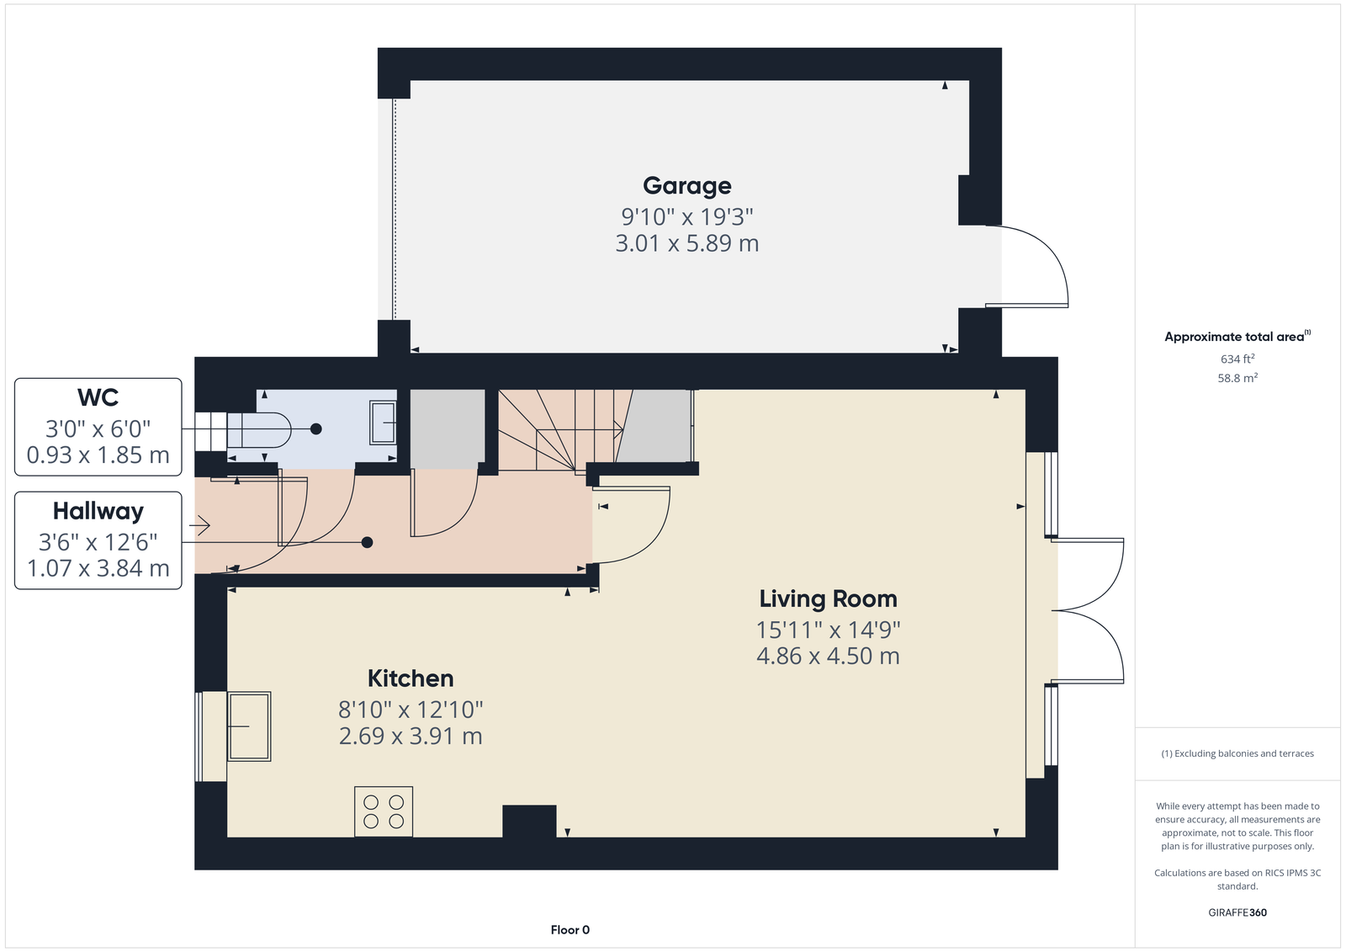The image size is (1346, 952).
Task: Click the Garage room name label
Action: click(x=686, y=186)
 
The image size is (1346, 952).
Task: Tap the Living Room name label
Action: click(x=828, y=599)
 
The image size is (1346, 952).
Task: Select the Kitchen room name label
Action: click(x=411, y=679)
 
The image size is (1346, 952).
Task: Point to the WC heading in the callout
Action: click(x=98, y=398)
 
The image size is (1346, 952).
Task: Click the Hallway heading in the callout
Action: click(x=98, y=512)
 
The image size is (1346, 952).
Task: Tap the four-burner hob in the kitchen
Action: click(x=384, y=811)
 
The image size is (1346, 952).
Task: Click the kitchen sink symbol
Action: click(x=249, y=726)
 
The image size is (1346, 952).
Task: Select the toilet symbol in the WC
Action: click(x=258, y=430)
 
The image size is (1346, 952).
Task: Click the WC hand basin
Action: click(x=383, y=423)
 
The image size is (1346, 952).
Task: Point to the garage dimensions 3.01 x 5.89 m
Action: click(x=686, y=243)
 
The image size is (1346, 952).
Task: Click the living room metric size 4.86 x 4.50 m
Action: click(x=828, y=656)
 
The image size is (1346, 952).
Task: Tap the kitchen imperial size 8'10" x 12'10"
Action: click(x=411, y=710)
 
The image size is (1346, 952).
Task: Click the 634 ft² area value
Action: click(x=1237, y=359)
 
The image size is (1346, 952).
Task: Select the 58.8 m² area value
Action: click(x=1237, y=378)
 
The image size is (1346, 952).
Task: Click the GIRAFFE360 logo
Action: click(x=1237, y=912)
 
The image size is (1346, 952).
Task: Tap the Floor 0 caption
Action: click(x=570, y=930)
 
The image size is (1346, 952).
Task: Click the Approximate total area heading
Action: click(x=1237, y=337)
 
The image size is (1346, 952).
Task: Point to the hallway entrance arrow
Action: click(x=199, y=525)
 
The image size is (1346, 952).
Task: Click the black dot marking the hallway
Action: click(x=367, y=542)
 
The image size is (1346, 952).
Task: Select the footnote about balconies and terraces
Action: click(x=1237, y=753)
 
